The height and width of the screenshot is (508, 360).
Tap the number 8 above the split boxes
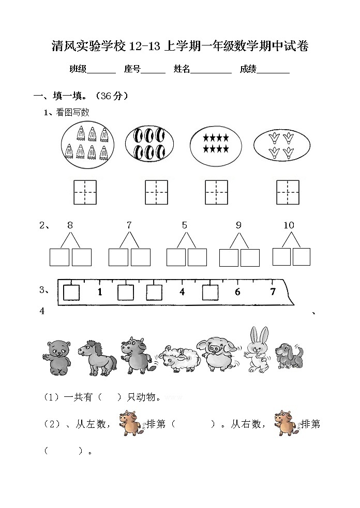pos(70,225)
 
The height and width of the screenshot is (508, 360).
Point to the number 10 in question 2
pos(289,225)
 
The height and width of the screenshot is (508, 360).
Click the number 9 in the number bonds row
pos(238,225)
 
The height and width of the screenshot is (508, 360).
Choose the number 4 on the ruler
pos(182,292)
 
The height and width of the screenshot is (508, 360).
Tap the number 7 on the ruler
pos(273,292)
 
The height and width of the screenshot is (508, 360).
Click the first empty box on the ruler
pos(71,293)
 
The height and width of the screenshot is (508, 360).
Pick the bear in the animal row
pos(56,357)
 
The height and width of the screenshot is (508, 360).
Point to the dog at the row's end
pos(288,355)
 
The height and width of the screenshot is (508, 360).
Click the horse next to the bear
pos(96,357)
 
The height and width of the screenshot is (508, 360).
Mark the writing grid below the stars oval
pos(217,192)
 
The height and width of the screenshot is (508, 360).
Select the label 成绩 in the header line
pos(248,69)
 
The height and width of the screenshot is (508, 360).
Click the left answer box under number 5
pos(176,257)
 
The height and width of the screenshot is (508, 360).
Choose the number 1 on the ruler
pos(100,293)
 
